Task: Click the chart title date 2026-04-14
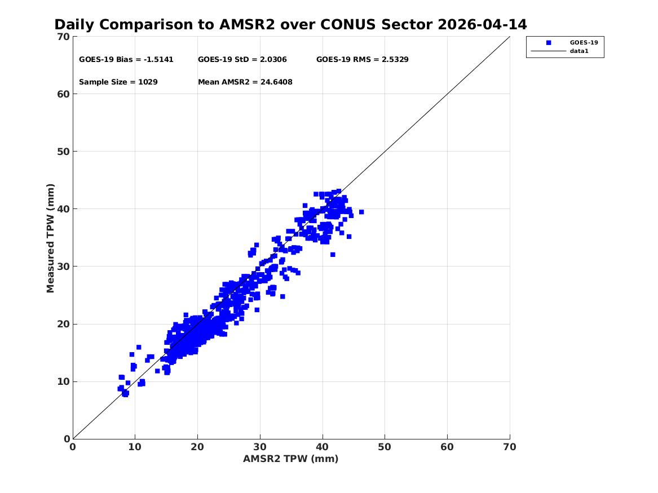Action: (482, 25)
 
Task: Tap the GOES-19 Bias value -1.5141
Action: (158, 60)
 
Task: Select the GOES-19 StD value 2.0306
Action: (273, 60)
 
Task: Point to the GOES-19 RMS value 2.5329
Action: (395, 60)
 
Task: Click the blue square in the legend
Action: (549, 43)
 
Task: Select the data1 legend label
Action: (579, 51)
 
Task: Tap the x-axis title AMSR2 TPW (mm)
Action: (291, 459)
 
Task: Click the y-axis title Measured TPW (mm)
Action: (50, 238)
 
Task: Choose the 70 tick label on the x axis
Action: (510, 447)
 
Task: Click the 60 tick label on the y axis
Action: (63, 94)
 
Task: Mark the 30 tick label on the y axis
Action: (63, 267)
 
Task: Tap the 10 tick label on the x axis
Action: (135, 447)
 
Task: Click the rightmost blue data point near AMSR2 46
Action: (361, 212)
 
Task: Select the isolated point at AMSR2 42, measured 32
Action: (333, 255)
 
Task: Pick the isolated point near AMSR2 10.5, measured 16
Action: (139, 347)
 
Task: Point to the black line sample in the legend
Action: (549, 51)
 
